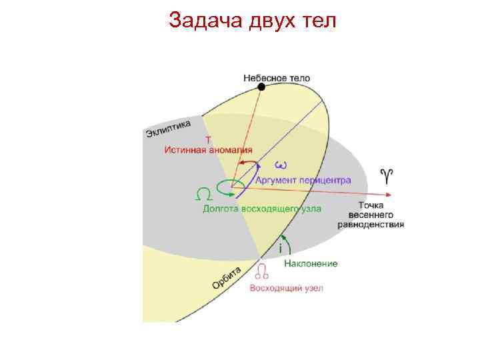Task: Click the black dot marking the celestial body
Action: point(262,87)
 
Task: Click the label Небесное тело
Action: point(277,77)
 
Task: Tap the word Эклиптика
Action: point(169,129)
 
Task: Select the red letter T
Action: point(207,140)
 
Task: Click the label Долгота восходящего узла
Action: point(262,209)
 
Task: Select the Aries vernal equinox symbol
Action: point(386,175)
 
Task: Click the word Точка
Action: point(371,205)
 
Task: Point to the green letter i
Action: point(281,247)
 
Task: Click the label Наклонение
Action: point(311,263)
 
